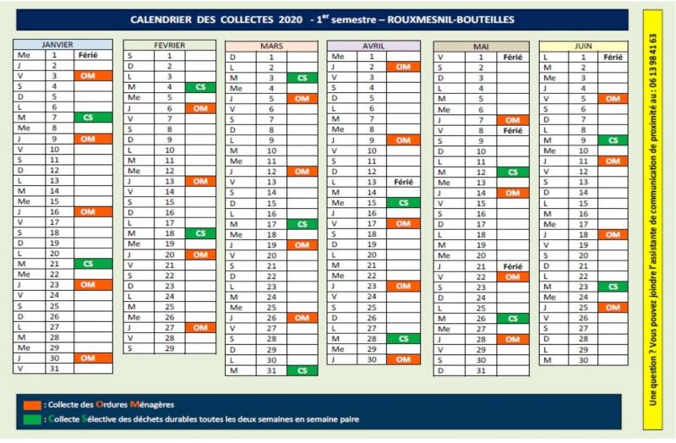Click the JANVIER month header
(x=63, y=43)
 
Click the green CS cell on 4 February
(x=199, y=87)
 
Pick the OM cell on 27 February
(x=199, y=327)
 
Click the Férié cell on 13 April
(x=402, y=182)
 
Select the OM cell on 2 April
(x=402, y=66)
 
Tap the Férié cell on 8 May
(x=508, y=130)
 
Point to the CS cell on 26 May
(x=508, y=318)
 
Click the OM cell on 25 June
(x=611, y=308)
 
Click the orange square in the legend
(x=30, y=402)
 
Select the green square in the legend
(x=30, y=418)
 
